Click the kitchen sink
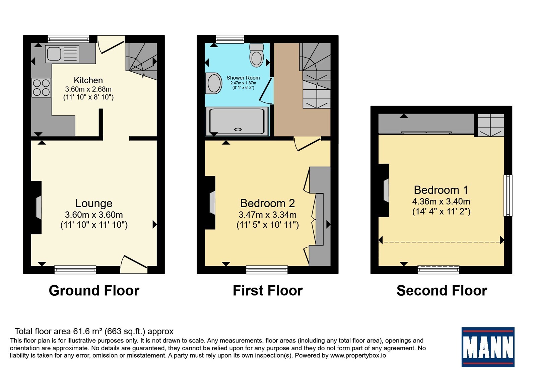(x=62, y=54)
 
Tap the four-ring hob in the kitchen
(x=42, y=87)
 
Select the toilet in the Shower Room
(x=256, y=55)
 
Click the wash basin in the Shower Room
(x=214, y=83)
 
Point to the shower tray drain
(x=238, y=129)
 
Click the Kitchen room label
(x=88, y=80)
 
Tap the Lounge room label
(x=94, y=203)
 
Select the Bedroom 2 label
(x=268, y=203)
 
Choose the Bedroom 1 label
(x=441, y=190)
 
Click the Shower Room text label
(x=243, y=78)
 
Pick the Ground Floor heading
(x=94, y=291)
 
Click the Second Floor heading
(x=442, y=291)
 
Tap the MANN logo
(x=488, y=347)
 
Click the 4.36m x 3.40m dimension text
(x=441, y=201)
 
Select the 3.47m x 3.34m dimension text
(x=268, y=215)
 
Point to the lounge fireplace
(x=37, y=207)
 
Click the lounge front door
(x=134, y=265)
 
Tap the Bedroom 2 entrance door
(x=308, y=144)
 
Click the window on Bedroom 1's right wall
(x=508, y=196)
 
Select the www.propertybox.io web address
(x=358, y=355)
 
